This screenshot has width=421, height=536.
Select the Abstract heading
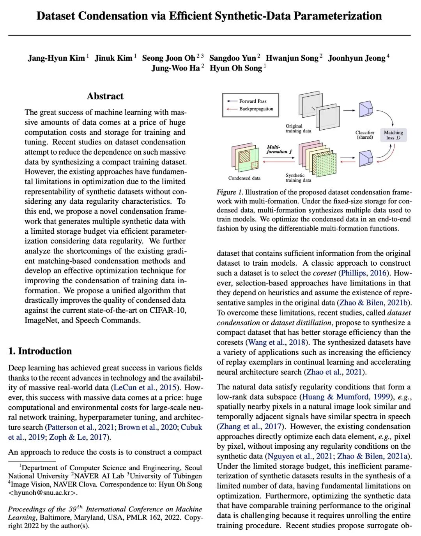click(x=105, y=96)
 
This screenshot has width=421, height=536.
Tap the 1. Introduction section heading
click(x=40, y=351)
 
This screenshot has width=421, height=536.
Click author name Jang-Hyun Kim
click(x=56, y=58)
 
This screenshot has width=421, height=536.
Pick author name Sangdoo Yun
click(x=233, y=58)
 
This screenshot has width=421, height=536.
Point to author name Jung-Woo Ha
click(x=175, y=68)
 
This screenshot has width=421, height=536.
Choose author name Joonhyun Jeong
click(x=357, y=58)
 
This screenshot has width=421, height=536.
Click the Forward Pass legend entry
click(x=253, y=101)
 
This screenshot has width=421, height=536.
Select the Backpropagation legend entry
click(x=256, y=109)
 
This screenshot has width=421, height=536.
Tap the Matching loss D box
click(x=393, y=135)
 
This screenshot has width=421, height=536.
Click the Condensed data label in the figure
click(x=244, y=178)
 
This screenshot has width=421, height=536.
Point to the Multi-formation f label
click(x=279, y=149)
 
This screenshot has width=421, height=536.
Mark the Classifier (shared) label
click(x=365, y=135)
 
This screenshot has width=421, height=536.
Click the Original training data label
click(x=298, y=129)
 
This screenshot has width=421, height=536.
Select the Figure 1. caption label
click(x=230, y=192)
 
